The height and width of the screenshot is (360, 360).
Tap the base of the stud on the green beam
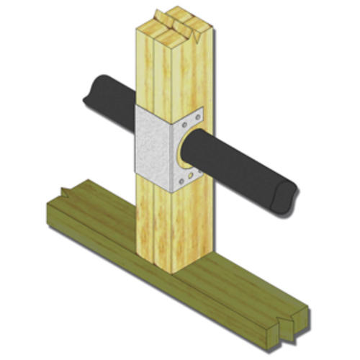pyautogui.click(x=173, y=266)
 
